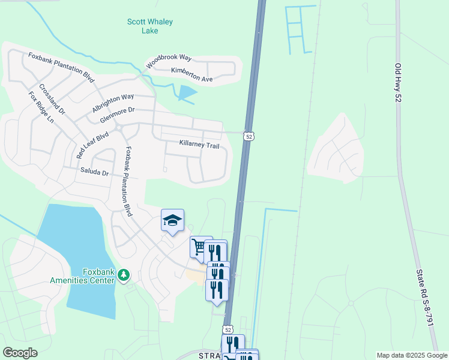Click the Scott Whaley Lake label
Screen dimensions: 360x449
point(150,26)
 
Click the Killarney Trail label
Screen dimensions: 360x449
point(199,145)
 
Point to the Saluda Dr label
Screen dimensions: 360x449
point(94,172)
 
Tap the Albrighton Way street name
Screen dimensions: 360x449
point(113,103)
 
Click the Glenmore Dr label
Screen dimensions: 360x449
point(118,115)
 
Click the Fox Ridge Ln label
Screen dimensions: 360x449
point(41,107)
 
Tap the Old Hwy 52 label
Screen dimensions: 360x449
point(397,82)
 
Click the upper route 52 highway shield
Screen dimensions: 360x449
point(248,137)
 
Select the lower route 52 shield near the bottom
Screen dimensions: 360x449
point(228,329)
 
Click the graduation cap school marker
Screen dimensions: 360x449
point(172,220)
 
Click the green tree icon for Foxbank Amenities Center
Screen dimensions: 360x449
point(124,275)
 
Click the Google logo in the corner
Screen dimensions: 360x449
point(20,353)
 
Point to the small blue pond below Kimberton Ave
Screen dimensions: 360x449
point(187,93)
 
